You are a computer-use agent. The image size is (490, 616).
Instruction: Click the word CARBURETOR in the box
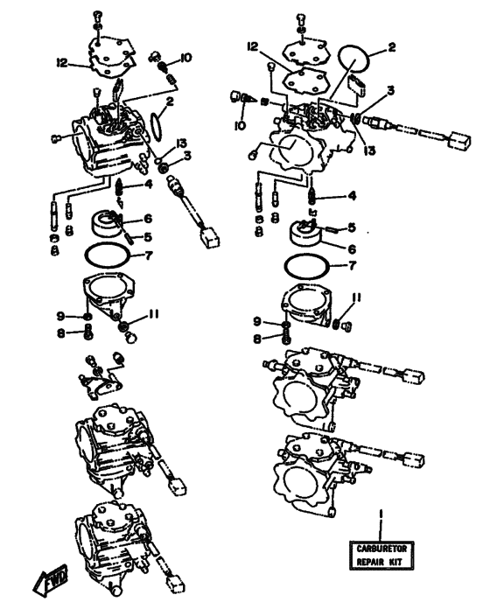382,549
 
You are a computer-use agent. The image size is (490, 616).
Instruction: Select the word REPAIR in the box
370,562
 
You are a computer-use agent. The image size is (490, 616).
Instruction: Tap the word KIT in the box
396,562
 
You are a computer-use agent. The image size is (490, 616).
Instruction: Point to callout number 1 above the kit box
381,514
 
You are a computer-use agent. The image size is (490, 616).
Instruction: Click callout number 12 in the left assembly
62,62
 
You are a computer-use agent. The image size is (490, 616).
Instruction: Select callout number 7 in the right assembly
352,266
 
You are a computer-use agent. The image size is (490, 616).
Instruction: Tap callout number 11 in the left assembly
153,314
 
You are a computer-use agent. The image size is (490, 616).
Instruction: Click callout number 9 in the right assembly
257,321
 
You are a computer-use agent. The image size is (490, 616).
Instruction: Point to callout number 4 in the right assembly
352,195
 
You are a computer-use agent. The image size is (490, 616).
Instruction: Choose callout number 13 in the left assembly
181,143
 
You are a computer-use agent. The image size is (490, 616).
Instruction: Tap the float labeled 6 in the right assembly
306,234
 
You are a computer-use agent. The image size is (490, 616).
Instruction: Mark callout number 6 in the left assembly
148,219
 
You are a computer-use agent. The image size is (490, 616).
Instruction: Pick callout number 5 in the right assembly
352,227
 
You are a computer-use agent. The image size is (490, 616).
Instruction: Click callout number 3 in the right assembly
390,91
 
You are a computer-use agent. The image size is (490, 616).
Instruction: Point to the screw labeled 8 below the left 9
88,333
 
